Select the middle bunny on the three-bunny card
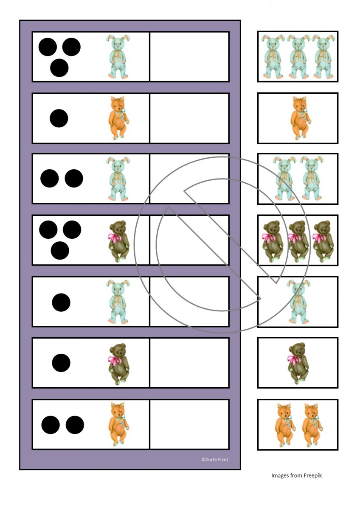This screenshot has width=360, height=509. click(x=298, y=56)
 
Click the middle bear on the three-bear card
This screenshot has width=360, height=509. click(x=298, y=241)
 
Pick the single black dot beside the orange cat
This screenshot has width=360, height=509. click(x=59, y=118)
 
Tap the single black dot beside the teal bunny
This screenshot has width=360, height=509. click(x=61, y=302)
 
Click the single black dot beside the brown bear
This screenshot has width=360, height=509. click(x=61, y=363)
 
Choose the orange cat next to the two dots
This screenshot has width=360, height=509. click(x=118, y=425)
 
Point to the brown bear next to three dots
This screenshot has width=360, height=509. click(x=118, y=241)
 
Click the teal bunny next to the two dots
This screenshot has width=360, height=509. click(x=118, y=179)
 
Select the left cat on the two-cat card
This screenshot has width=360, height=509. click(x=285, y=425)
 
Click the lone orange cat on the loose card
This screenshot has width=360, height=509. click(x=301, y=118)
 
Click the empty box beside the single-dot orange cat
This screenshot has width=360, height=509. click(x=189, y=118)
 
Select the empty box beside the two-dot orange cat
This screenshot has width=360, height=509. click(x=189, y=425)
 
